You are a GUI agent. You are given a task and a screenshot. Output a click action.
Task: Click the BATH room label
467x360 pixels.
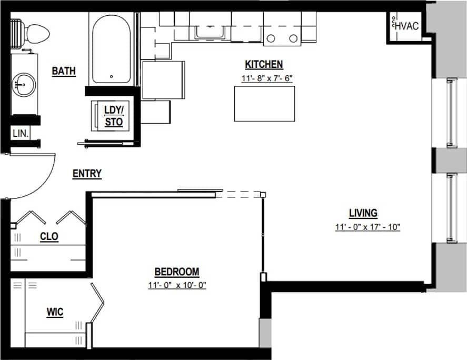pos(64,71)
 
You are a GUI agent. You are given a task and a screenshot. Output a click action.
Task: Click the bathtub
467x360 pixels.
pos(111,49)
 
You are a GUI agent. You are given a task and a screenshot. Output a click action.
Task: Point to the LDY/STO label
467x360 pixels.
pos(113,116)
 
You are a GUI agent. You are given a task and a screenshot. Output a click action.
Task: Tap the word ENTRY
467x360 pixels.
pos(87,174)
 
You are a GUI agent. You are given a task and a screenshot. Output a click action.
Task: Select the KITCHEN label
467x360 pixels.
pos(264,65)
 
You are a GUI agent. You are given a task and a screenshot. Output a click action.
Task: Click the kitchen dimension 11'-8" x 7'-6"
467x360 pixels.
pos(266,78)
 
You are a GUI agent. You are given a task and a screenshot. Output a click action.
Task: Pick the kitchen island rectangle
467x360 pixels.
pos(265,104)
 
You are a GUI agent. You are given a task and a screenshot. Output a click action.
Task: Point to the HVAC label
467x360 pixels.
pos(406,25)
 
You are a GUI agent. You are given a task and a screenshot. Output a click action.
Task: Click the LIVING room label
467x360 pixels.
pos(363,213)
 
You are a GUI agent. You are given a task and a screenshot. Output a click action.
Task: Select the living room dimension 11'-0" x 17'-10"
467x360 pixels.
pos(368,227)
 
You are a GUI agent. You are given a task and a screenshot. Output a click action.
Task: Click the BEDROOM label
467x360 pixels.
pos(176,272)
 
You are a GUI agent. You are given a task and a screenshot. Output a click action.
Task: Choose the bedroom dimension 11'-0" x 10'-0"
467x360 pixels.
pos(177,286)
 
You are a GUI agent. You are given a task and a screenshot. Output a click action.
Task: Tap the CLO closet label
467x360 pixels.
pos(49,237)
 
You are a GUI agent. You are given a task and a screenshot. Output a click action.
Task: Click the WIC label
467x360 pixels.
pos(55,312)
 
